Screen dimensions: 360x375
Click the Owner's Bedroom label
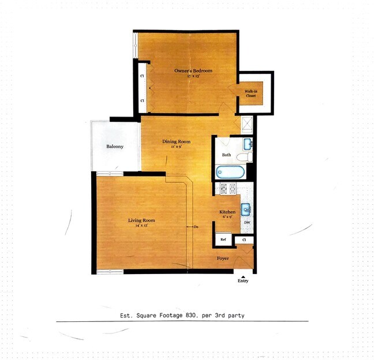tap(193, 71)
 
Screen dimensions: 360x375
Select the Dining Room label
tap(176, 141)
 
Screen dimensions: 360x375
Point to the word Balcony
tap(115, 147)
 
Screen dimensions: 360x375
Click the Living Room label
tap(141, 220)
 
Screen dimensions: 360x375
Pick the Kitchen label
tap(226, 212)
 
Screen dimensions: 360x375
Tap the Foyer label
tap(223, 258)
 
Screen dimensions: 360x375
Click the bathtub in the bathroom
tap(230, 171)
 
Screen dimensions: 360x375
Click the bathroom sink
tap(247, 143)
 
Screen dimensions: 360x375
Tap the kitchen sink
tap(246, 208)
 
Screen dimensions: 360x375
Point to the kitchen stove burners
tap(227, 187)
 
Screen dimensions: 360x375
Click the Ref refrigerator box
tap(223, 238)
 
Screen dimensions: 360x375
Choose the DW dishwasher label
tap(246, 222)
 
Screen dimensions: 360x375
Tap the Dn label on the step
tap(197, 227)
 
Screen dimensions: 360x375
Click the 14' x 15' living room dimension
tap(141, 225)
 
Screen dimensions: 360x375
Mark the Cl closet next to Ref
tap(244, 239)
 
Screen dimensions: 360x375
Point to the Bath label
tap(227, 155)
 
